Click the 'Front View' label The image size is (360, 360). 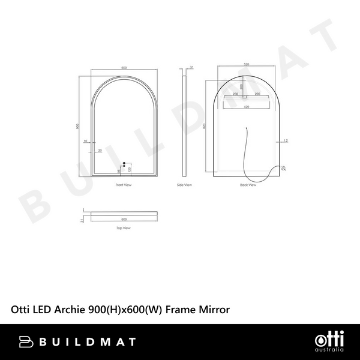pyautogui.click(x=124, y=185)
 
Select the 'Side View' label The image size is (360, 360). pyautogui.click(x=185, y=185)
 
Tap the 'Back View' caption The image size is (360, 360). pyautogui.click(x=248, y=185)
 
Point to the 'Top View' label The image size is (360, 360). pyautogui.click(x=124, y=229)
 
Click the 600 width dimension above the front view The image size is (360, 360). pyautogui.click(x=124, y=68)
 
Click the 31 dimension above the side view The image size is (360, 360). pyautogui.click(x=191, y=68)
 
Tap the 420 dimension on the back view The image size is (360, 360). pyautogui.click(x=246, y=108)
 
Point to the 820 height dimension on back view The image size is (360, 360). pyautogui.click(x=205, y=126)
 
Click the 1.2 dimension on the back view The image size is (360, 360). pyautogui.click(x=286, y=141)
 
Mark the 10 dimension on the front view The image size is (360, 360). pyautogui.click(x=86, y=141)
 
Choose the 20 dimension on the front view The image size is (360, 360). pyautogui.click(x=100, y=150)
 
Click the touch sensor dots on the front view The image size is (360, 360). pyautogui.click(x=124, y=163)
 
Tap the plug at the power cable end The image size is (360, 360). pyautogui.click(x=284, y=169)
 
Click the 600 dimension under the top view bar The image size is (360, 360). pyautogui.click(x=124, y=219)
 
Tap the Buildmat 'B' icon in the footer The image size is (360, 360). pyautogui.click(x=27, y=341)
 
